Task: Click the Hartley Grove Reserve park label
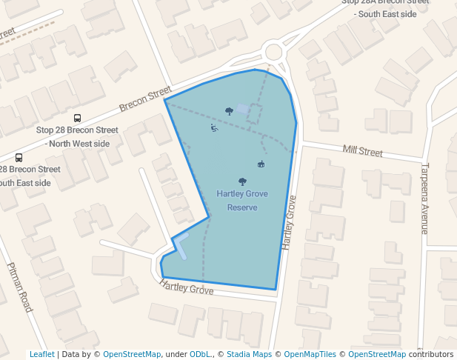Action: [x=242, y=201]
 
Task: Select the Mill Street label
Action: [x=362, y=152]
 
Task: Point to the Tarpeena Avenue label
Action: [x=425, y=199]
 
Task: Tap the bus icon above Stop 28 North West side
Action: [x=78, y=118]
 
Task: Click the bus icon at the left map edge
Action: [x=19, y=157]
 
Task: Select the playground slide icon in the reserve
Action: [x=214, y=128]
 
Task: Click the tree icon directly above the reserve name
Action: [x=242, y=181]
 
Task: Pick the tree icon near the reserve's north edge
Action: [x=230, y=111]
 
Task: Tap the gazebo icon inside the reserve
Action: [x=261, y=164]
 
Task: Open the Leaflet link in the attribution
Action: [x=41, y=354]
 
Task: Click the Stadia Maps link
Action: [x=249, y=354]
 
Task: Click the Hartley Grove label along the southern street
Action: [x=187, y=287]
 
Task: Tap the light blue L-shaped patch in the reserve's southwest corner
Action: [x=180, y=245]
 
